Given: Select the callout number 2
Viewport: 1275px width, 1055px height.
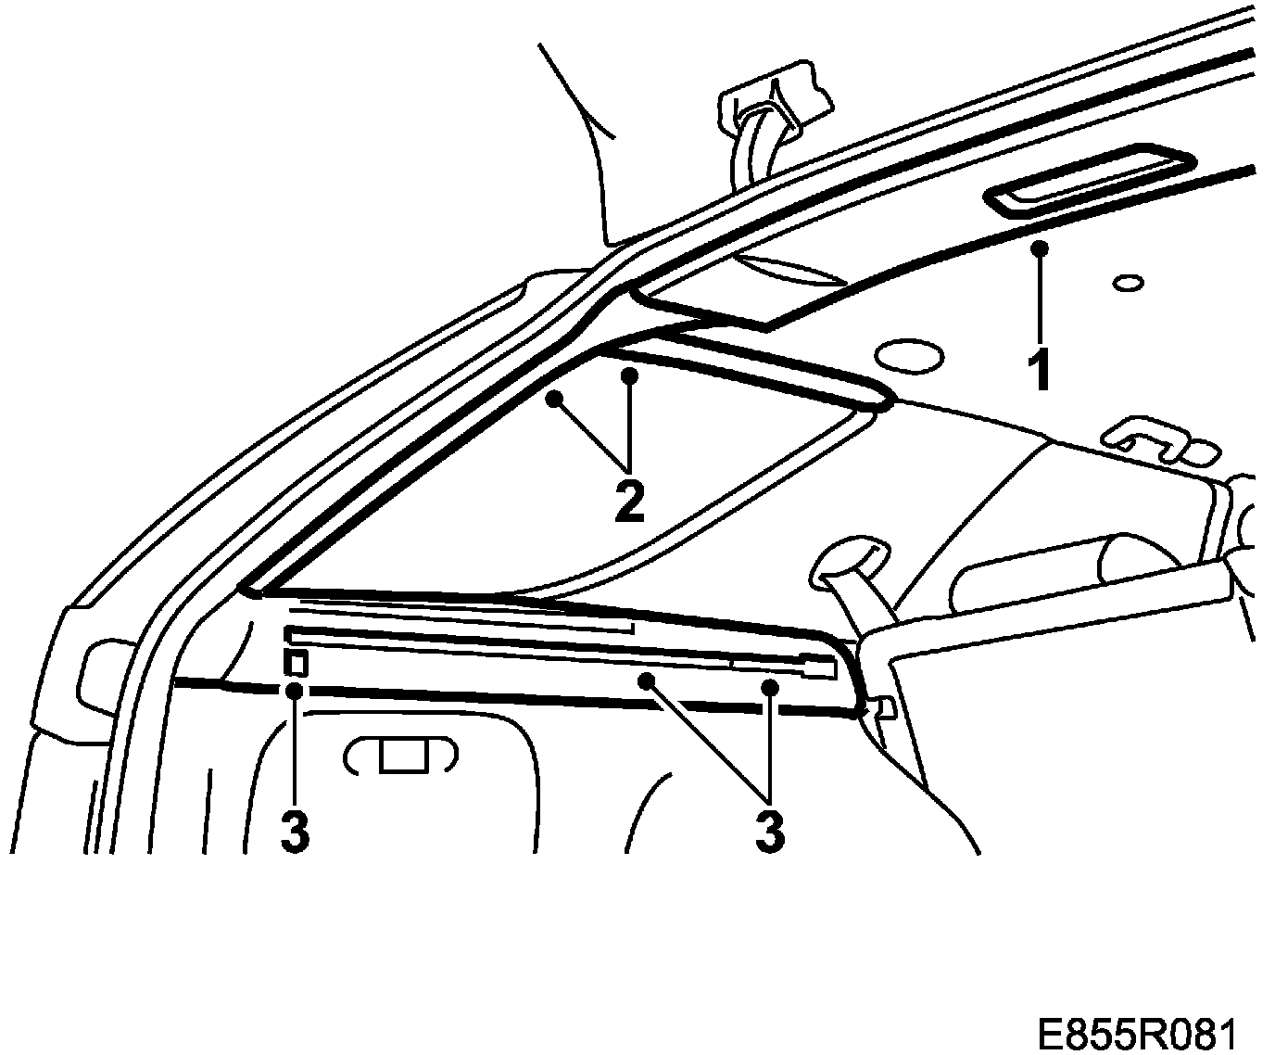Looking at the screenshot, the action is tap(628, 502).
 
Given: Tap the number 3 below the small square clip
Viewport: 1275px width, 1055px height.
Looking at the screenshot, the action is tap(295, 831).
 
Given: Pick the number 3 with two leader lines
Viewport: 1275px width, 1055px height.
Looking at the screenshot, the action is tap(769, 831).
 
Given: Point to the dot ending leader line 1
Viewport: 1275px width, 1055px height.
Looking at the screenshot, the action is tap(1041, 248).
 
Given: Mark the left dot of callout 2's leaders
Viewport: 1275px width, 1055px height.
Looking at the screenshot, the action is tap(554, 399).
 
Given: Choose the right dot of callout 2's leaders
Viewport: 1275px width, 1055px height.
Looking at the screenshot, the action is tap(629, 375).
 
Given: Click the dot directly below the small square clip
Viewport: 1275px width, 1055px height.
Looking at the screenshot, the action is tap(295, 690).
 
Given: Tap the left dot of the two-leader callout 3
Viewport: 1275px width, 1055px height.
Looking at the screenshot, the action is tap(647, 680).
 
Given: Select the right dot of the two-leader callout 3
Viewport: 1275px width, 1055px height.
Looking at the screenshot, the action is tap(769, 687).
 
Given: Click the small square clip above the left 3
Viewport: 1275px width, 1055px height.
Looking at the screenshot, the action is tap(296, 662).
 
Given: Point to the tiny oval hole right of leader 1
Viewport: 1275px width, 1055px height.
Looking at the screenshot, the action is tap(1127, 282).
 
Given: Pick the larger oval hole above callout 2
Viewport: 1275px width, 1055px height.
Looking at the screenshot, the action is tap(908, 354).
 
